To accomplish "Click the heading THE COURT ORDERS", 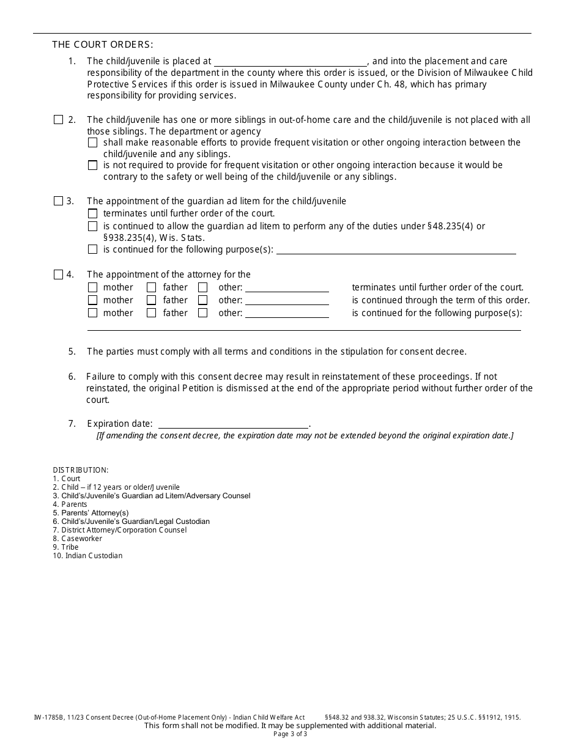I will tap(103, 44).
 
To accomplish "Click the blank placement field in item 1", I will tap(290, 61).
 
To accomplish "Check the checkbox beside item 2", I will tap(58, 120).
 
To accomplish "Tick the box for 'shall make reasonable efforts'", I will tap(92, 142).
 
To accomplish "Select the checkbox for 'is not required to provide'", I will tap(92, 165).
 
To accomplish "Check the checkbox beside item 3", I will tap(58, 201).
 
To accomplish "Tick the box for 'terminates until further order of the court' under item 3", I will tap(92, 214).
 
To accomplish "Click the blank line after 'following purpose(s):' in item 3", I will tap(396, 249).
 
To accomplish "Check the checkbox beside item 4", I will tap(58, 275).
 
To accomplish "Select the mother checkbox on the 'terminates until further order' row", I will tap(92, 287).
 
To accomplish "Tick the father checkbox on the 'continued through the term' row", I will tap(152, 300).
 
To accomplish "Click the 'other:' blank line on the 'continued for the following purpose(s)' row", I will tap(287, 313).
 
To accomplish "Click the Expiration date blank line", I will tap(234, 424).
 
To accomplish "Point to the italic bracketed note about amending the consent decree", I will tap(305, 436).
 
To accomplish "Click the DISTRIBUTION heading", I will tap(81, 470).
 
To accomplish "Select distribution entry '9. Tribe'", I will tap(65, 547).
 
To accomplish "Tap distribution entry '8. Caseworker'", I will tap(78, 539).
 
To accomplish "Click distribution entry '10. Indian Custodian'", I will tap(87, 556).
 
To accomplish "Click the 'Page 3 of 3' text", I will tap(290, 734).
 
